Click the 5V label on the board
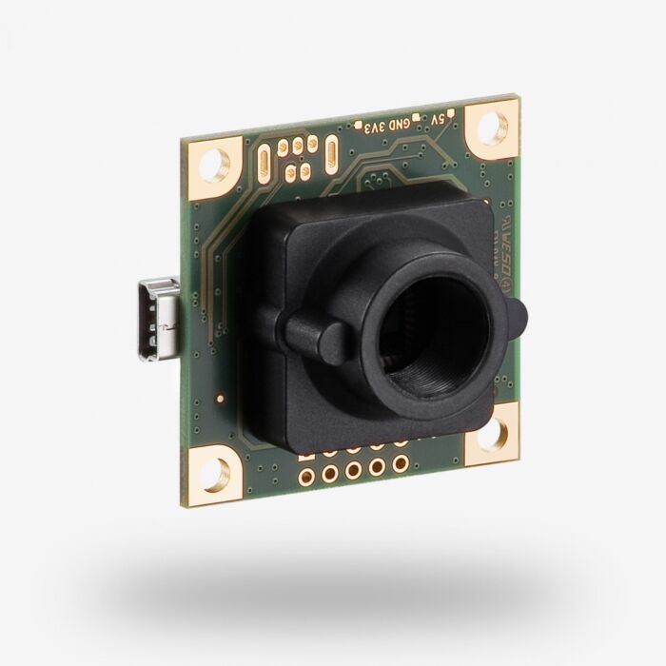click(437, 120)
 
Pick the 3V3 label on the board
click(371, 127)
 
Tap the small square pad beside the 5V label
click(453, 115)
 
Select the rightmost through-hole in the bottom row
click(401, 464)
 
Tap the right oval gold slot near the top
click(330, 152)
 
